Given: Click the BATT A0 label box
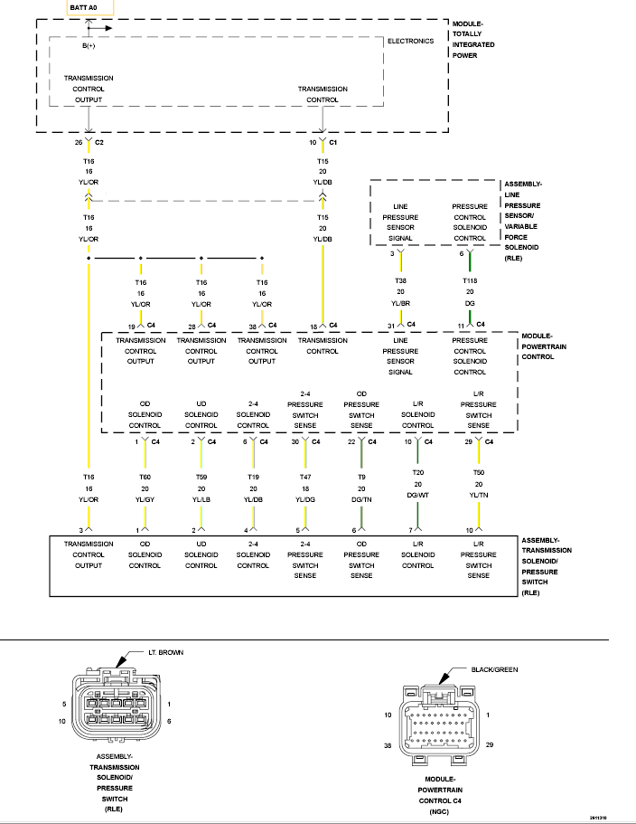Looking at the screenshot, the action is click(89, 8).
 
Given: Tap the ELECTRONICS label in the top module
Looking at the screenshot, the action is click(410, 41).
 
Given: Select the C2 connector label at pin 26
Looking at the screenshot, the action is click(99, 142).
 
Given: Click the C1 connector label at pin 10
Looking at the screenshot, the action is click(332, 142).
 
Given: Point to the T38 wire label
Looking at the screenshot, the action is click(400, 281).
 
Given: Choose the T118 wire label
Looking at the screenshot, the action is click(470, 281).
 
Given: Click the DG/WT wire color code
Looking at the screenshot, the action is click(417, 495).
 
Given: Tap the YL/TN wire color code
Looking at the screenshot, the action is click(479, 495).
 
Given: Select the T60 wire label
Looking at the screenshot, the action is click(145, 478).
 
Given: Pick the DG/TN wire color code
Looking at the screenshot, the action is click(361, 500).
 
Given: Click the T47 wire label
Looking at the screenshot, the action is click(304, 478).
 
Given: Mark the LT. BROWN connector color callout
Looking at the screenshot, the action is click(166, 653).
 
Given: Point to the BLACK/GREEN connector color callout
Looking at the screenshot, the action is click(494, 669).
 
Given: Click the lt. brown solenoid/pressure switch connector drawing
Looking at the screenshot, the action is click(117, 706).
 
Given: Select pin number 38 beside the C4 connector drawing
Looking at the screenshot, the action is click(388, 745).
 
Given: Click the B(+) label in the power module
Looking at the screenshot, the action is click(89, 46).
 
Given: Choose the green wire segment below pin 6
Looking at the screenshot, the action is click(470, 261).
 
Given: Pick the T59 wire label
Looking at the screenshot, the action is click(201, 478).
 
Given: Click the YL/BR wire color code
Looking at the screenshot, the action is click(400, 303).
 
